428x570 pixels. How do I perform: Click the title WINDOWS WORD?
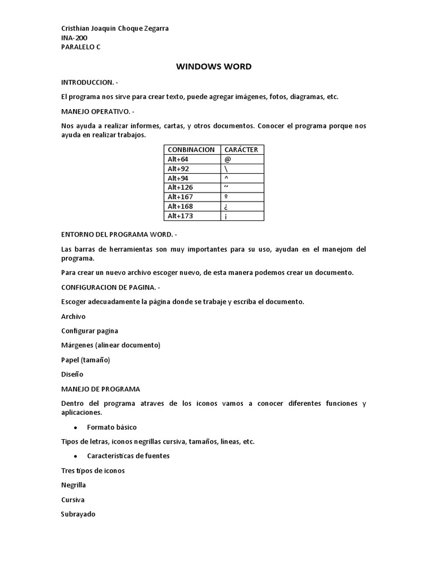214,67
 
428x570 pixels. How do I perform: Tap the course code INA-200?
74,38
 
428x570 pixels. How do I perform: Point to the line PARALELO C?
81,47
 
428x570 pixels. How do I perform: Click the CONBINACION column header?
191,150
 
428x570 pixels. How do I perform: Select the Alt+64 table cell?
178,159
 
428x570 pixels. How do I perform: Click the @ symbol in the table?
227,159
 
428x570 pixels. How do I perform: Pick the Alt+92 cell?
178,169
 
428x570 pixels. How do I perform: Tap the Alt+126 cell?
180,188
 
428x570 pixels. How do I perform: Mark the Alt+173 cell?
180,216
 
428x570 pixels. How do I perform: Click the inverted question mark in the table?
226,207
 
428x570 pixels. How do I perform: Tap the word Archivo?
74,316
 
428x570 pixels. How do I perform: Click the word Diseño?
72,374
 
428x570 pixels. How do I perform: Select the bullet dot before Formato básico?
75,427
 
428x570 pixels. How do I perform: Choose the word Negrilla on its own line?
74,485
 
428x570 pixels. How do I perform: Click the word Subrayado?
78,514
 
